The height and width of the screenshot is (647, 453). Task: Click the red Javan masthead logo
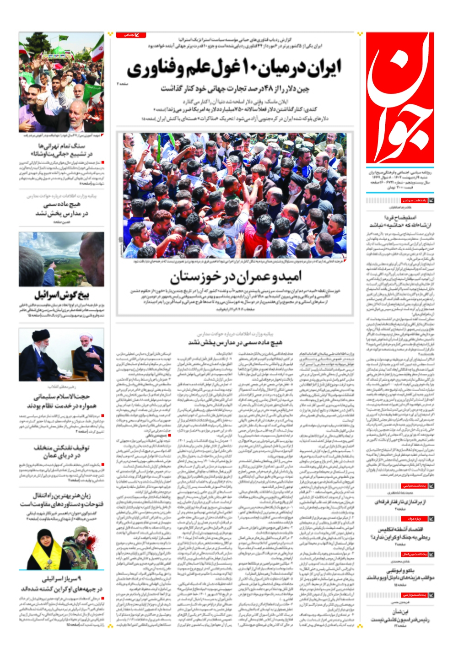click(x=399, y=97)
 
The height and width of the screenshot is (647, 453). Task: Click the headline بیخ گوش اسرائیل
click(x=61, y=295)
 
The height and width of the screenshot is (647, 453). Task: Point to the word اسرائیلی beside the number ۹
click(x=54, y=579)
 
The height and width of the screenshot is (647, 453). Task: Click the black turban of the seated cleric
click(x=40, y=334)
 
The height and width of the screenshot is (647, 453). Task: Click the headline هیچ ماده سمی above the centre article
click(x=235, y=342)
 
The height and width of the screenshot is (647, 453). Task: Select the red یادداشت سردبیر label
click(x=414, y=200)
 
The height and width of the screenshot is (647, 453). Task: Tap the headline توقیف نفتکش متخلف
click(x=61, y=448)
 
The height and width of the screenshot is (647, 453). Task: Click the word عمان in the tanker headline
click(x=49, y=456)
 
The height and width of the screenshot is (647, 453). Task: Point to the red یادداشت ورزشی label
click(x=414, y=595)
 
